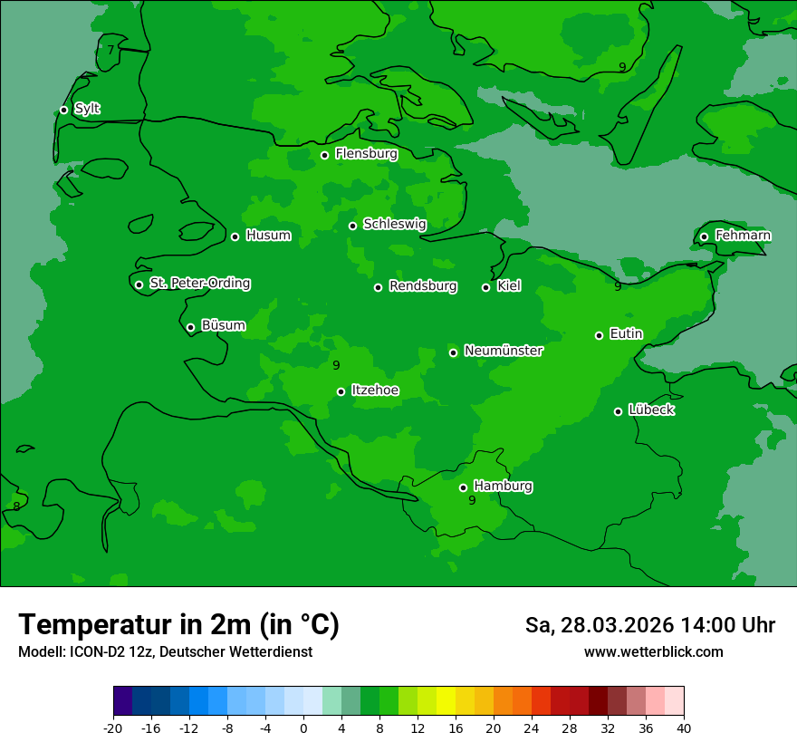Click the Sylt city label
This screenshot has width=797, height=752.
[87, 109]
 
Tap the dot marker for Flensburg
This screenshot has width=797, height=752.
[324, 155]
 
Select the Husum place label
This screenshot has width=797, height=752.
[268, 236]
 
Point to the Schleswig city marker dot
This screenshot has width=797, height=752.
[352, 226]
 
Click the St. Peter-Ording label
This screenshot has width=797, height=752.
[199, 284]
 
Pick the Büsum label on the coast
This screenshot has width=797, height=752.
[223, 325]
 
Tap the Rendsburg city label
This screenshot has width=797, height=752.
[423, 286]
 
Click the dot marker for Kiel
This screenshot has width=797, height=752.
[485, 287]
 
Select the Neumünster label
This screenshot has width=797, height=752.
[504, 351]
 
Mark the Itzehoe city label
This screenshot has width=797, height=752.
[375, 390]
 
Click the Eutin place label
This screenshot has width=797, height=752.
[626, 334]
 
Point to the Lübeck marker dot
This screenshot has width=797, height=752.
[618, 411]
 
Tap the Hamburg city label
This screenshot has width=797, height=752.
[503, 487]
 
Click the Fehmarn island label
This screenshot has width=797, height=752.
[743, 236]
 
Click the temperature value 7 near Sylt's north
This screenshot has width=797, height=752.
[110, 50]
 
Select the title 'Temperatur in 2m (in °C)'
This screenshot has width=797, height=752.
[178, 624]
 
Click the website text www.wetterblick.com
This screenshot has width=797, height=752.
[653, 651]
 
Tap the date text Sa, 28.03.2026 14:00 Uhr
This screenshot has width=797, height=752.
[649, 625]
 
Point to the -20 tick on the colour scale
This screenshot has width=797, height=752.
[113, 728]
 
